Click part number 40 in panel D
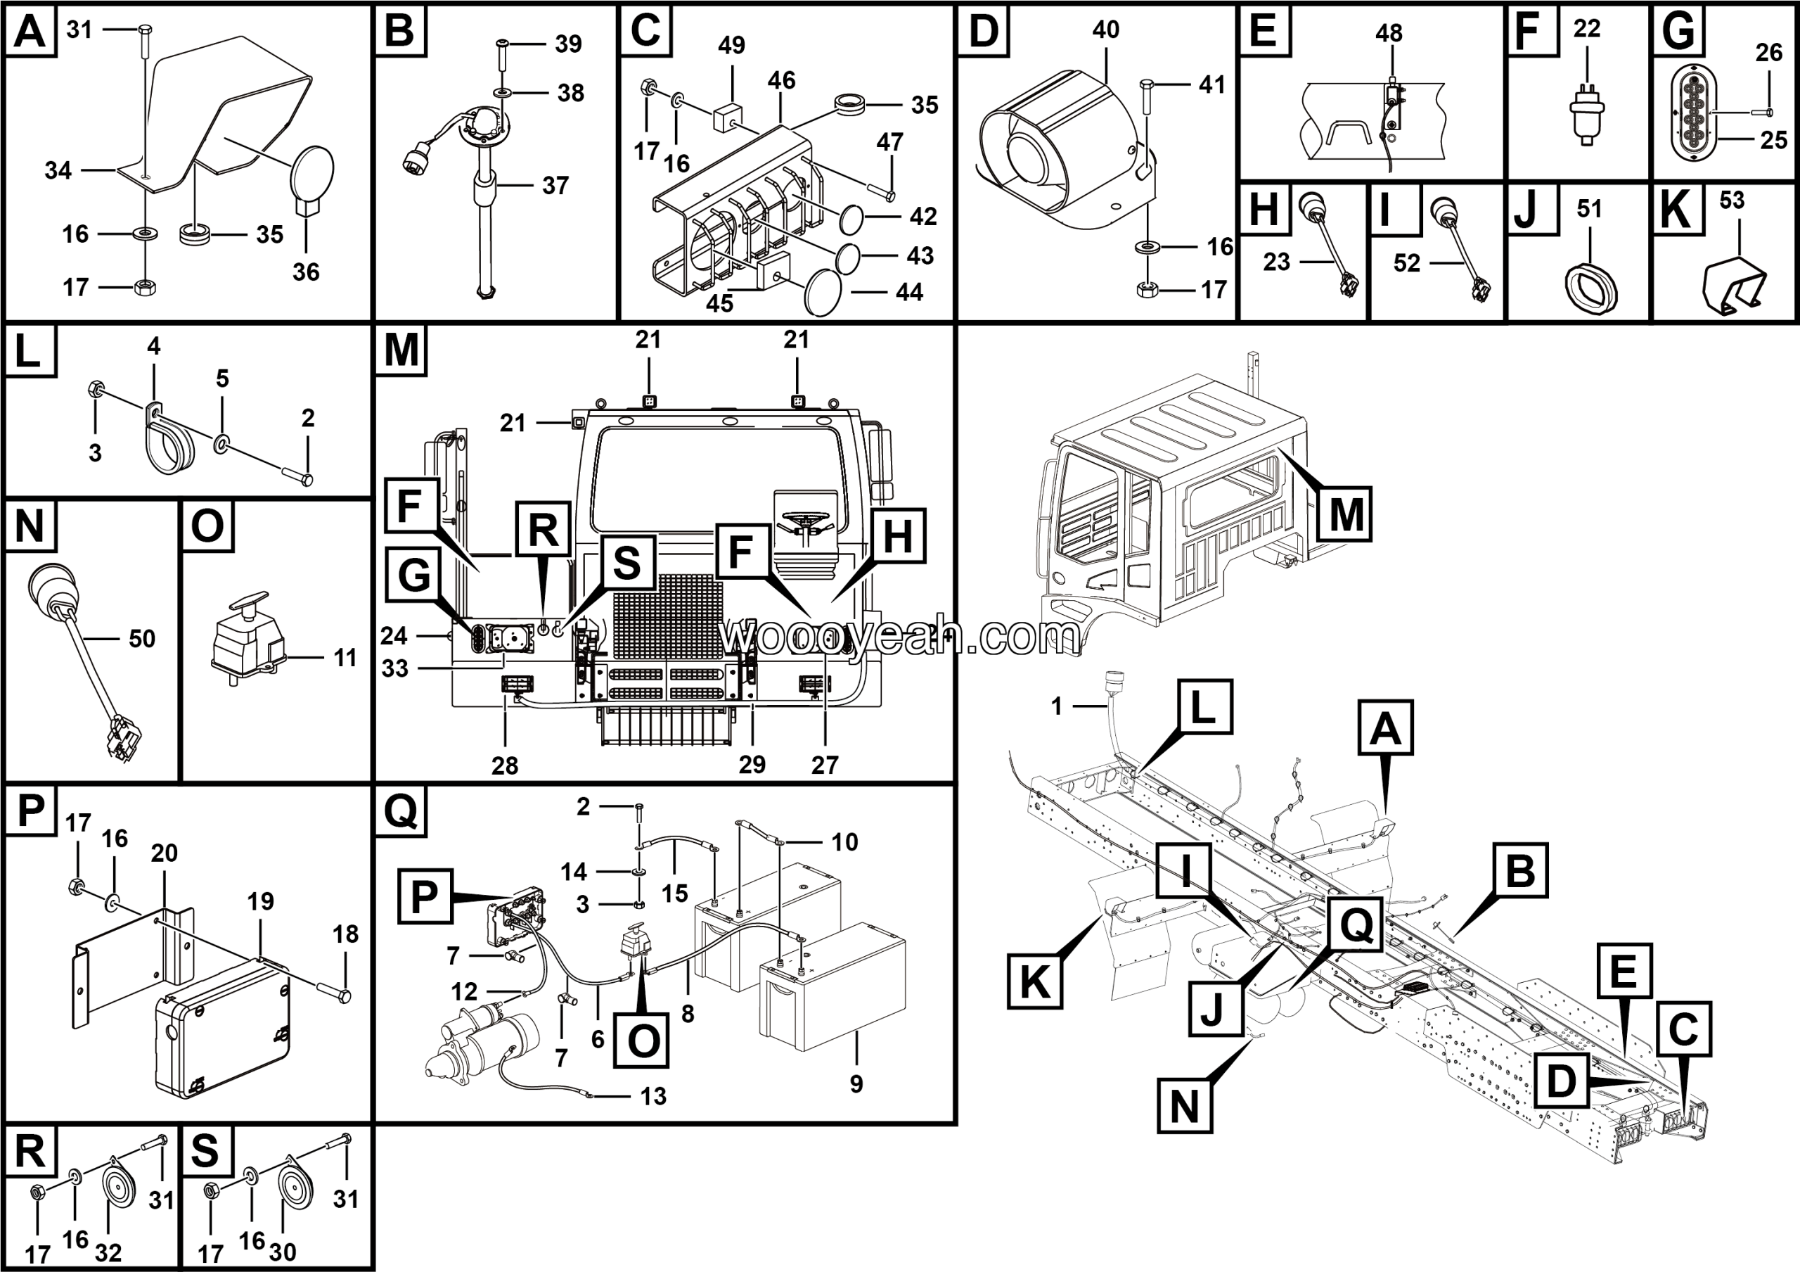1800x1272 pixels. click(x=1105, y=30)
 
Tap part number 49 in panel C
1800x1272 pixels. click(x=731, y=46)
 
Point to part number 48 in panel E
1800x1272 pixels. click(x=1389, y=33)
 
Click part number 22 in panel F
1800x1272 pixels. click(x=1586, y=29)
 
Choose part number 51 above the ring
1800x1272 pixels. click(x=1589, y=209)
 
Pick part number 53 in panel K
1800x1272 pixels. click(x=1732, y=200)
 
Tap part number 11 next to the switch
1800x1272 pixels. click(x=345, y=657)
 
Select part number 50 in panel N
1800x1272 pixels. click(x=142, y=638)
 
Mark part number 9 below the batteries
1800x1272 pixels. click(x=856, y=1083)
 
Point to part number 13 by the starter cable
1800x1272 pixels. click(x=653, y=1096)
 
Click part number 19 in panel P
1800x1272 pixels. click(x=260, y=901)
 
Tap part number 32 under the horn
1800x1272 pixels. click(x=108, y=1252)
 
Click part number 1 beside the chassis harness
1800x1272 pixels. click(x=1056, y=706)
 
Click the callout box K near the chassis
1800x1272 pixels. click(x=1034, y=980)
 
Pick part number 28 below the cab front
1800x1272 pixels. click(x=504, y=765)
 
